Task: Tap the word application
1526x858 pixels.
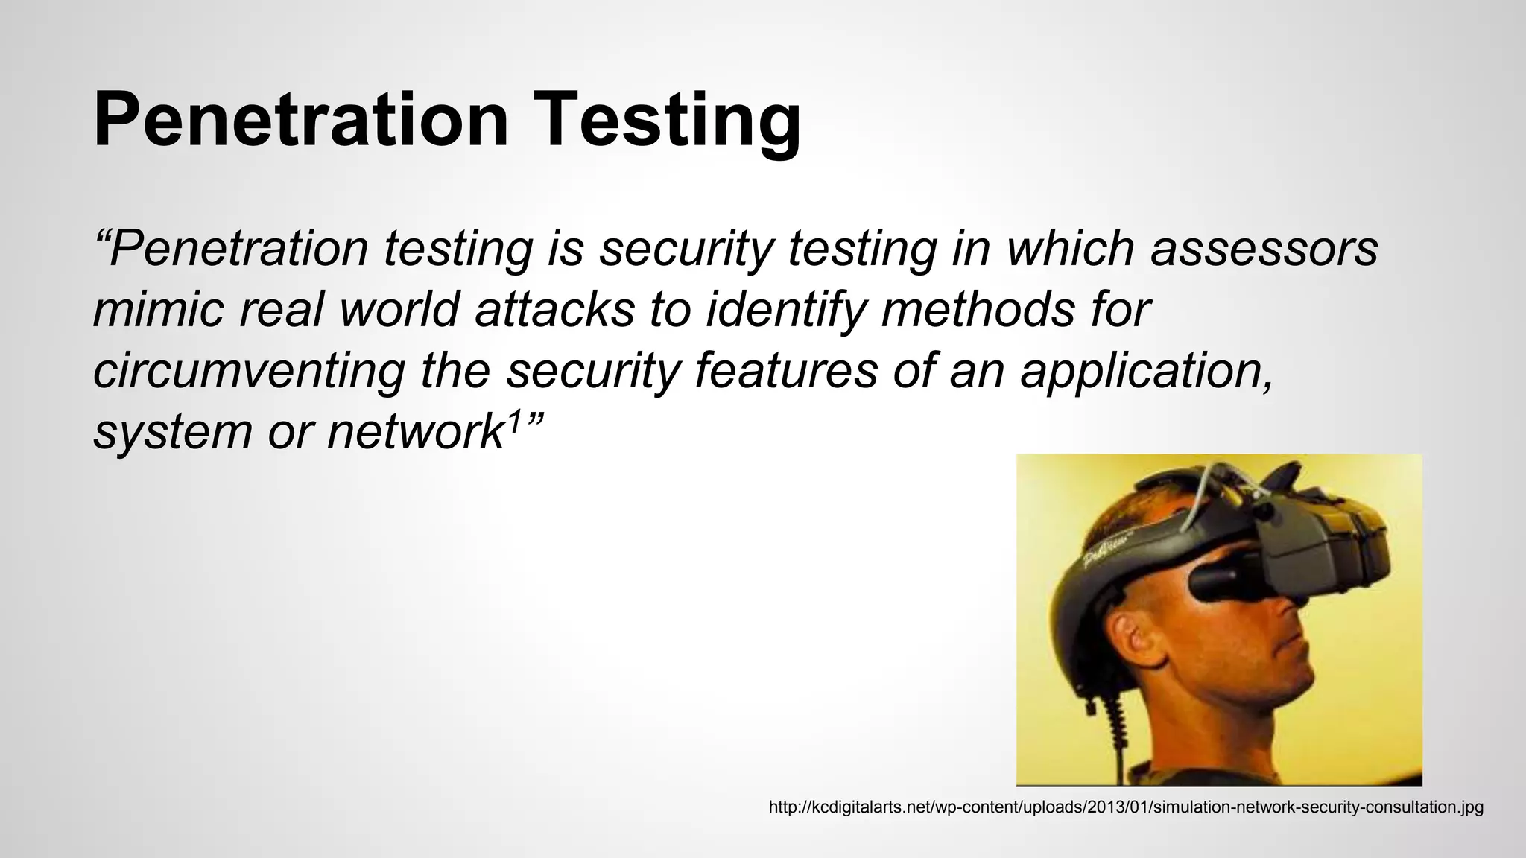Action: point(1147,372)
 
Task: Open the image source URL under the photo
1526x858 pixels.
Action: point(1125,807)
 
